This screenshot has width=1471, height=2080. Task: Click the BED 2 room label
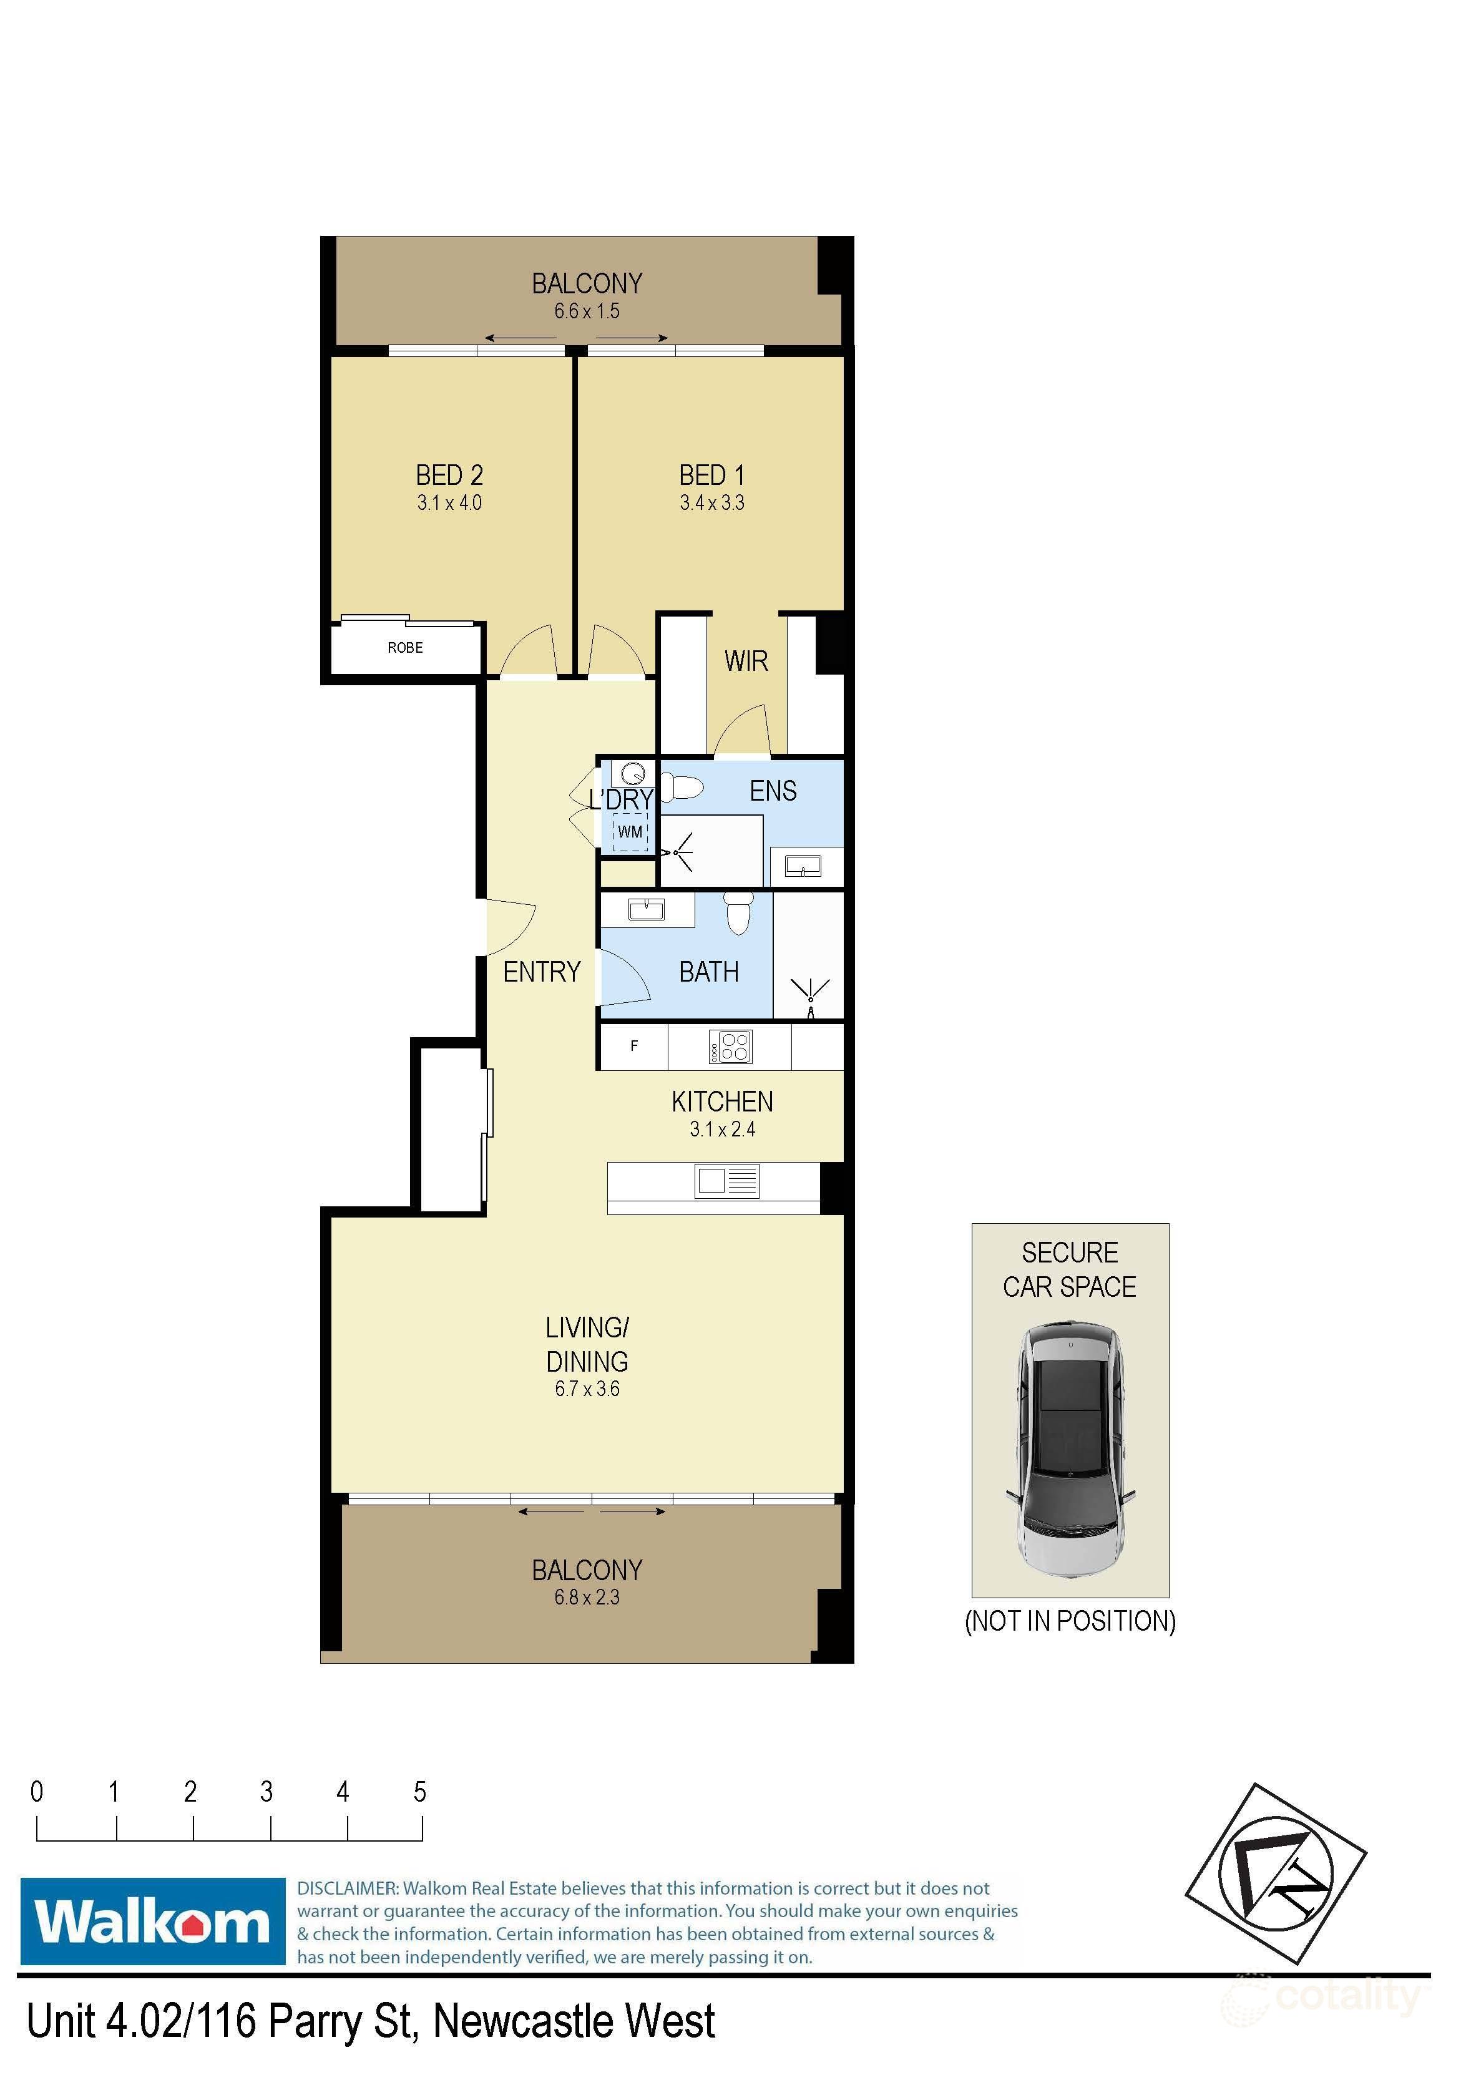tap(449, 476)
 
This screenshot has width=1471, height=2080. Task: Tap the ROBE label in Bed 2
tap(405, 648)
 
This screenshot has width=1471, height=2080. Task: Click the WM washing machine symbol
tap(630, 832)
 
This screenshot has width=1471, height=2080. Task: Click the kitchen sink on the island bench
tap(726, 1181)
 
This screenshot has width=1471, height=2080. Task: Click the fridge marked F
tap(634, 1047)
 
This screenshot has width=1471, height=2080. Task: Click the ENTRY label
tap(542, 972)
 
